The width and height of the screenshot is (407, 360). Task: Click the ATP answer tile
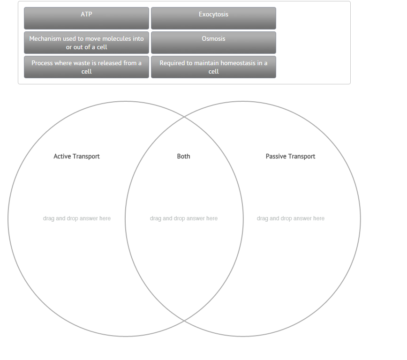[x=86, y=18]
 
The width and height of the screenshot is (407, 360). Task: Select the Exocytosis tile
[x=213, y=18]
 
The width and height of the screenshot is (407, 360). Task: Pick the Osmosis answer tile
[x=213, y=42]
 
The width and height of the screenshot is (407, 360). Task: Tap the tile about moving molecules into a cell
[x=86, y=43]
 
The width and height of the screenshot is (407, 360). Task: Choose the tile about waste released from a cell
[x=86, y=67]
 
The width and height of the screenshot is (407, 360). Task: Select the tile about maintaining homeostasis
[x=213, y=67]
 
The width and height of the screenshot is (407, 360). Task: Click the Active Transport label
[x=76, y=157]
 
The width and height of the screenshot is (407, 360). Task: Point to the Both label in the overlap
[x=184, y=157]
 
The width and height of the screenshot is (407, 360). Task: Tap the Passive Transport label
[x=290, y=157]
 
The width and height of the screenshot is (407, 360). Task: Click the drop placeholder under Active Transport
[x=77, y=218]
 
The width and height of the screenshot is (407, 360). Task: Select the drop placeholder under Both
[x=184, y=218]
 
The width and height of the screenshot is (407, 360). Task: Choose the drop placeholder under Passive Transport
[x=291, y=218]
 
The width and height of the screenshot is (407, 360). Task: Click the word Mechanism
[x=45, y=39]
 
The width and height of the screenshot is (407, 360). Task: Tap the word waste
[x=82, y=63]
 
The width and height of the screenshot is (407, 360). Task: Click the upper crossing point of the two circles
[x=184, y=117]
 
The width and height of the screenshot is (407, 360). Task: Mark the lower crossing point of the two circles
[x=184, y=321]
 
